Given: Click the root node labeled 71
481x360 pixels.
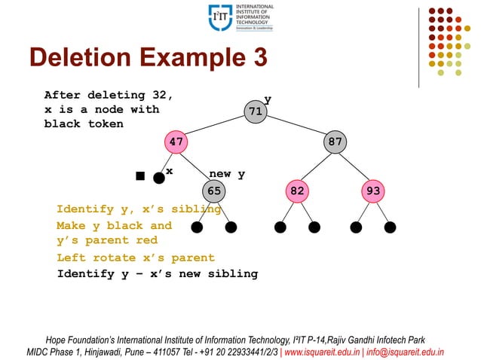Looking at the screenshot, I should pyautogui.click(x=256, y=112).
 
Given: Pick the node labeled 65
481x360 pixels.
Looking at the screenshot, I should pyautogui.click(x=215, y=191).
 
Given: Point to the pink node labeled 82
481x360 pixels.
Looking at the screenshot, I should pyautogui.click(x=298, y=191).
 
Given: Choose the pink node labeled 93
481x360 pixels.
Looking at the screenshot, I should pyautogui.click(x=373, y=191).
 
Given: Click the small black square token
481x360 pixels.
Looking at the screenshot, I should pyautogui.click(x=139, y=176).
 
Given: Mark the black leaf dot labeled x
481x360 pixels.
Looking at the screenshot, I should pyautogui.click(x=158, y=178).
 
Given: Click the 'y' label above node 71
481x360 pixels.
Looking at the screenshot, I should pyautogui.click(x=268, y=99).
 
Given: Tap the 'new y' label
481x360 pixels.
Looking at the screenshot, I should pyautogui.click(x=227, y=175).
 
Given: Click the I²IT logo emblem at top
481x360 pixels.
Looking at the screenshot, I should pyautogui.click(x=220, y=17).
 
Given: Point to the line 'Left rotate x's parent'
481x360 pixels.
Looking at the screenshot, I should pyautogui.click(x=136, y=258).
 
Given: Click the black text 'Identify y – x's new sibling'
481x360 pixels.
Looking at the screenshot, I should pyautogui.click(x=157, y=274).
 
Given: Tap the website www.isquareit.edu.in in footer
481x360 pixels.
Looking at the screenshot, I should pyautogui.click(x=326, y=351).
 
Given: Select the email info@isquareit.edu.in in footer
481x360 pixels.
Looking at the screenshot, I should pyautogui.click(x=410, y=351).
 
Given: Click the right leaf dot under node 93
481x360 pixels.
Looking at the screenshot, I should pyautogui.click(x=390, y=226).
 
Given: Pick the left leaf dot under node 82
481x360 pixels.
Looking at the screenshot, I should pyautogui.click(x=280, y=226).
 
